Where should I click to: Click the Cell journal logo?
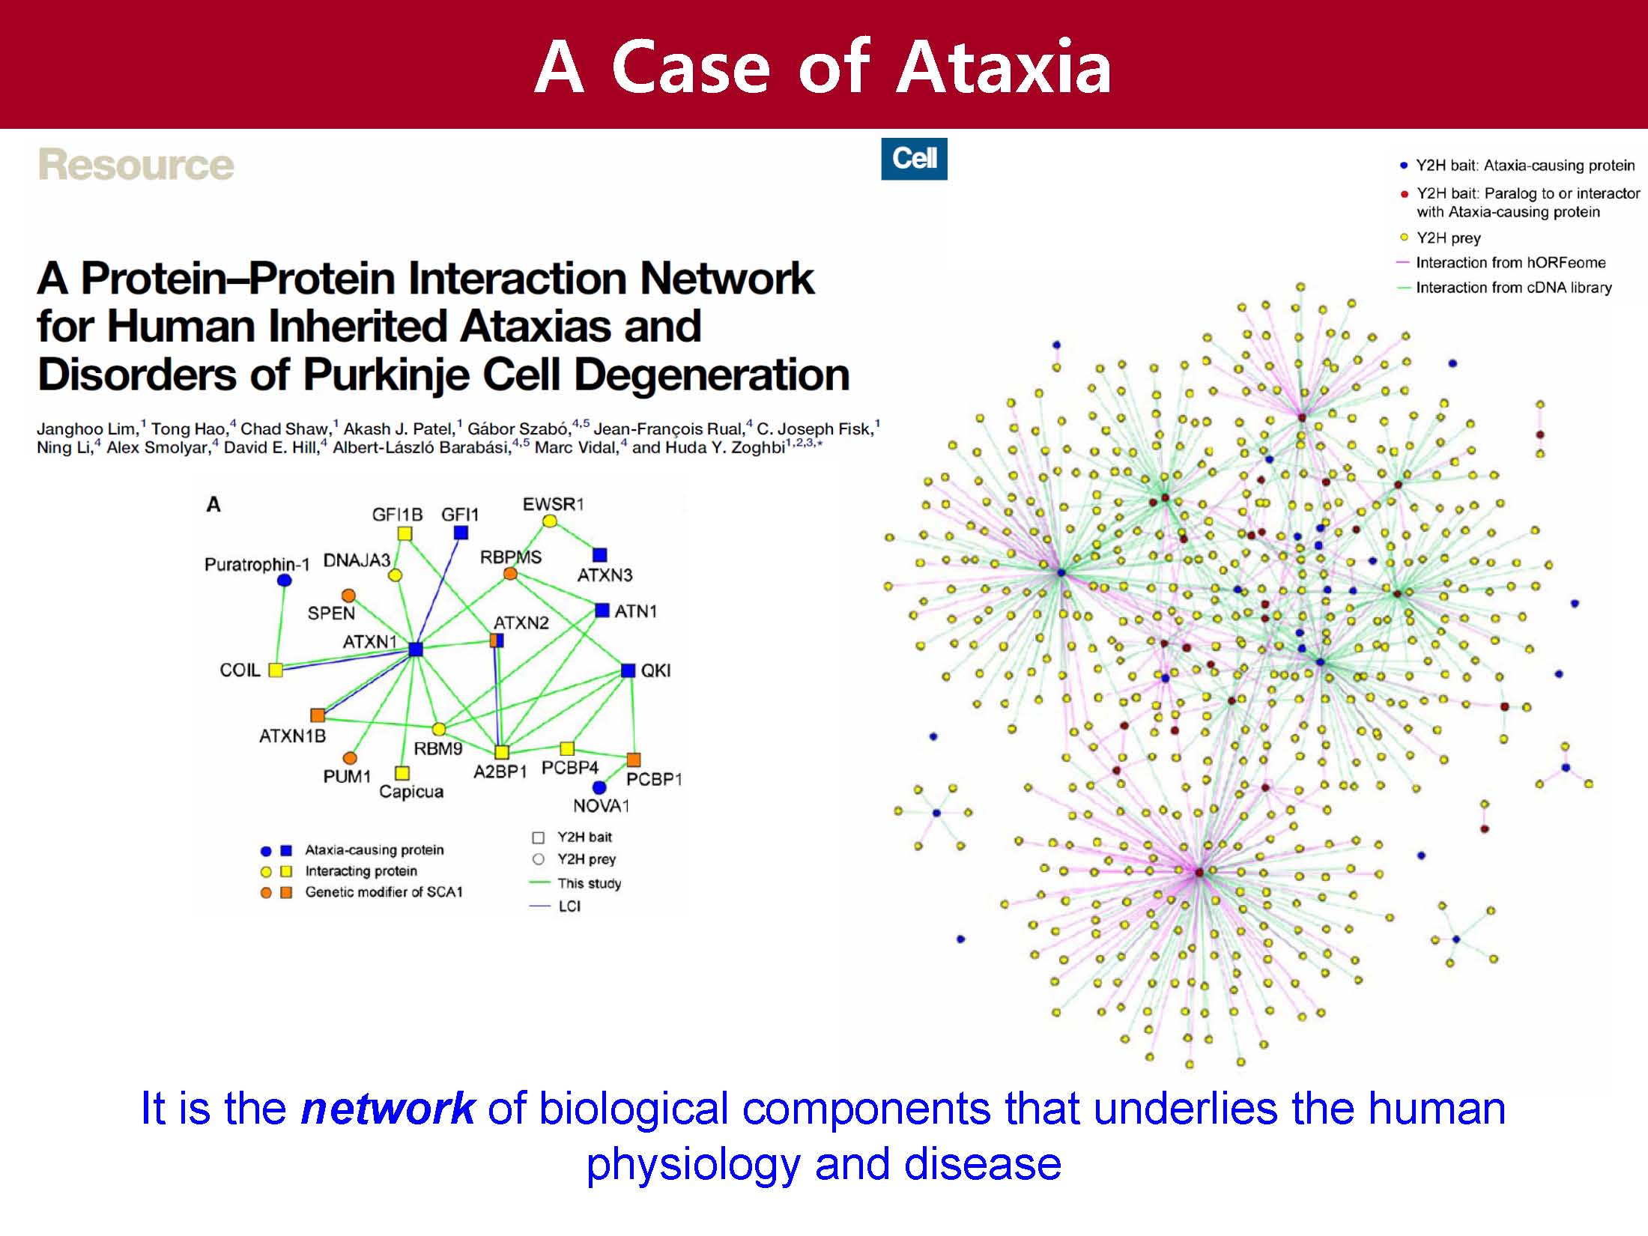click(x=914, y=159)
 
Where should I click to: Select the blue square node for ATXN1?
click(x=416, y=649)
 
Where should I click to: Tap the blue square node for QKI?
click(x=628, y=670)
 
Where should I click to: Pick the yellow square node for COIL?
click(x=276, y=670)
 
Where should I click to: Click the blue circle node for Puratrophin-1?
click(x=284, y=581)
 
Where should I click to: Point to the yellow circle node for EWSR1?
click(x=550, y=521)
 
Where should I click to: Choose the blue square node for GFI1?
click(x=461, y=533)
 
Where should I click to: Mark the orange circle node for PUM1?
click(x=349, y=758)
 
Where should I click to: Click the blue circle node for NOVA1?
click(x=599, y=787)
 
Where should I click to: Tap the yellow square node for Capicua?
click(x=402, y=773)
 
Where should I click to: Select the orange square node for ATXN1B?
click(x=318, y=715)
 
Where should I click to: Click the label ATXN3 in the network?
click(x=605, y=575)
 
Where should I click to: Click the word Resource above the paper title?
click(x=136, y=165)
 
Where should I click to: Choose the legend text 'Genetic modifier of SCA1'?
click(x=384, y=892)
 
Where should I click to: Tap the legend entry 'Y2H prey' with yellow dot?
click(x=1447, y=238)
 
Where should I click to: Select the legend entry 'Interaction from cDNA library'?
click(x=1512, y=288)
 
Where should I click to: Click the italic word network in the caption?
click(x=387, y=1109)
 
